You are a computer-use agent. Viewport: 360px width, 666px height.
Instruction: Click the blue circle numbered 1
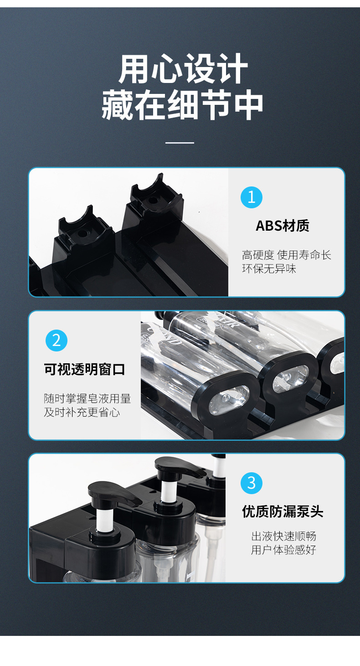[x=251, y=197]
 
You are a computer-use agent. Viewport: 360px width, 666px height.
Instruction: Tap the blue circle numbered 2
[x=57, y=340]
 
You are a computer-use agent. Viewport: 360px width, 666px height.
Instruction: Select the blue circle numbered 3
[x=251, y=483]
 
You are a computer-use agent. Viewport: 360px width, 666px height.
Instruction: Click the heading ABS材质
[x=283, y=226]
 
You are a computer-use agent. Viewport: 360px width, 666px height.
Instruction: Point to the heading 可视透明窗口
[x=84, y=369]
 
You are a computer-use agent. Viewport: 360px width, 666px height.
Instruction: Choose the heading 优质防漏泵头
[x=283, y=511]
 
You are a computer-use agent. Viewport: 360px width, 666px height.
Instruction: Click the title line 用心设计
[x=183, y=68]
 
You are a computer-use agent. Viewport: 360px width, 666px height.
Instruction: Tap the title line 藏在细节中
[x=182, y=105]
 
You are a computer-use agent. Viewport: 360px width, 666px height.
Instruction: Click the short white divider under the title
[x=180, y=143]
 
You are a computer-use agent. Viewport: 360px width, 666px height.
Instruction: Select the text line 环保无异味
[x=269, y=269]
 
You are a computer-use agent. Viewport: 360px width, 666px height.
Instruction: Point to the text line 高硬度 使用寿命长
[x=287, y=255]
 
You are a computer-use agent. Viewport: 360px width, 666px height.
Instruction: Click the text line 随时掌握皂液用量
[x=87, y=398]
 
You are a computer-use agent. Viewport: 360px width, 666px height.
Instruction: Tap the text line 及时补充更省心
[x=82, y=413]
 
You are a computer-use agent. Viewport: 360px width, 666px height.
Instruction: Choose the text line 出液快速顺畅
[x=283, y=536]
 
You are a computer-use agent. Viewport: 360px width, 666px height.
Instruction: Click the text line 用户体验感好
[x=283, y=550]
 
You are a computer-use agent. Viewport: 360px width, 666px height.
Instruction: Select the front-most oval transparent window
[x=229, y=400]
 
